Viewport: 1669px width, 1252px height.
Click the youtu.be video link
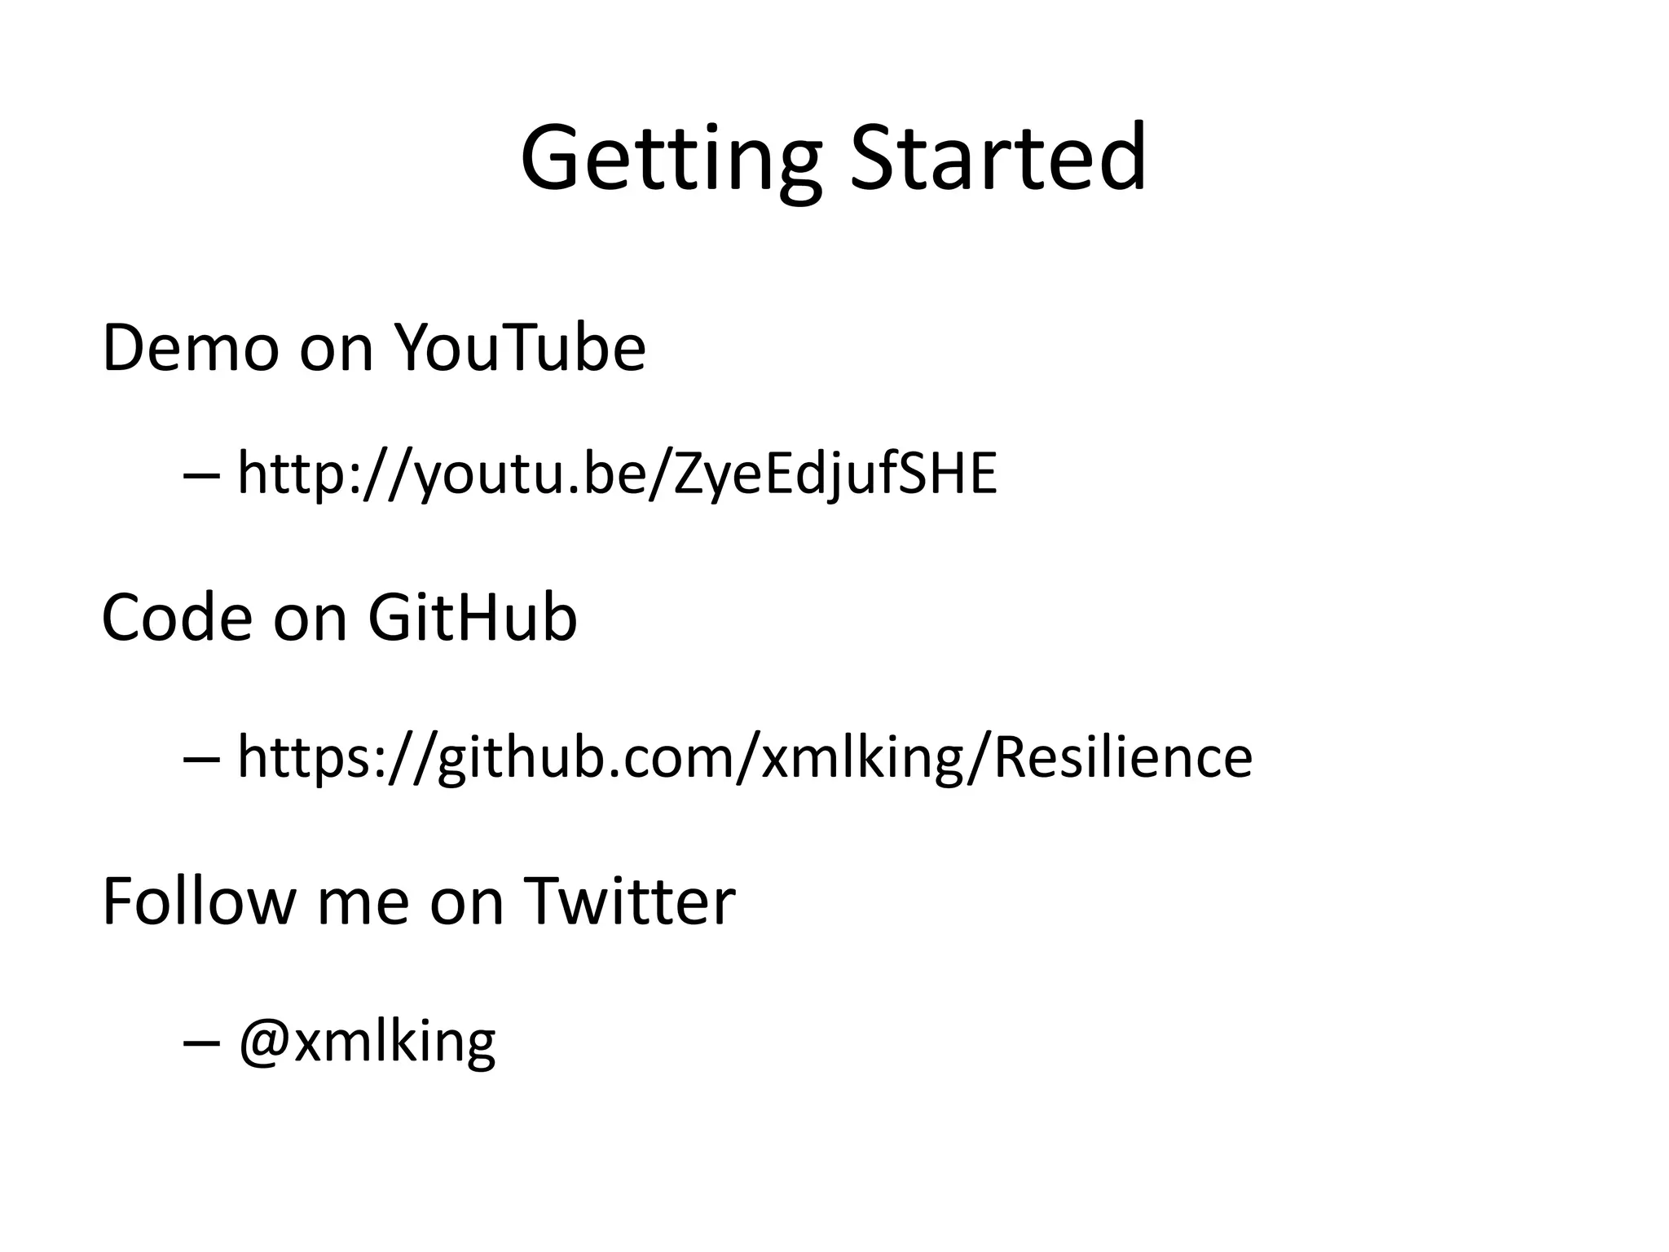coord(617,474)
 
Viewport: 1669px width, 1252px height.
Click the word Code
coord(176,618)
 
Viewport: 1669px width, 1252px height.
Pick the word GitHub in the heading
coord(473,618)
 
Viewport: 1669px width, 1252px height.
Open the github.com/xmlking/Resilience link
coord(744,758)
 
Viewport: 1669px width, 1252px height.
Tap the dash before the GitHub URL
coord(201,759)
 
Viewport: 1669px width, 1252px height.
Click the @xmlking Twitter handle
coord(367,1042)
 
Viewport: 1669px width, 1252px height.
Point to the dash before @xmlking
coord(201,1043)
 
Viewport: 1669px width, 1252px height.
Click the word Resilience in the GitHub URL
coord(1123,757)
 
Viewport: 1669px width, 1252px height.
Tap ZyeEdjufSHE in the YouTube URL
coord(835,474)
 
